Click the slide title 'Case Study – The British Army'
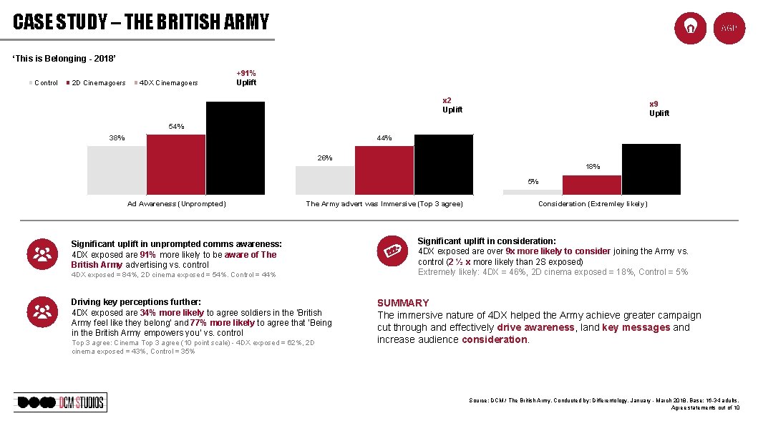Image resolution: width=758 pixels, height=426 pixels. (141, 22)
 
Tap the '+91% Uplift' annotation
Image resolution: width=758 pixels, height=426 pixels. (246, 78)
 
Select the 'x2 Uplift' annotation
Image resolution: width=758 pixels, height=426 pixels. (452, 105)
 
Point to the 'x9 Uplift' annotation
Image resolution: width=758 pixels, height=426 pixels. (659, 109)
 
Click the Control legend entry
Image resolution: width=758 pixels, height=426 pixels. (46, 83)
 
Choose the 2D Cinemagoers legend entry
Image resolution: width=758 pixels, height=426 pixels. (96, 83)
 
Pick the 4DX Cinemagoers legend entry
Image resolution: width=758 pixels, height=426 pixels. (168, 83)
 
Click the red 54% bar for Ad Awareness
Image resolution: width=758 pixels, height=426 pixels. (176, 164)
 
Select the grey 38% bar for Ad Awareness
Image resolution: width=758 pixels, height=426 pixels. (117, 170)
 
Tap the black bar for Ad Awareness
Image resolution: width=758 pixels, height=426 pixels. (235, 148)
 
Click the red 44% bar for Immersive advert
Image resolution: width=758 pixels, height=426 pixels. (384, 170)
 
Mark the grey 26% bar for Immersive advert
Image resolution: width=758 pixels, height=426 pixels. (325, 180)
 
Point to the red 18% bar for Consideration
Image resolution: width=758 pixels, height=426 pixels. (592, 185)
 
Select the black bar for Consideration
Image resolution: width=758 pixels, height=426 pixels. (651, 169)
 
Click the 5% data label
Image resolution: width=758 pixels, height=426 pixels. (533, 182)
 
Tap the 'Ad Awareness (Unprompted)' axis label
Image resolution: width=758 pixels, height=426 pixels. (176, 204)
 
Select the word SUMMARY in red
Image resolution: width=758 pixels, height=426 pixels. (403, 303)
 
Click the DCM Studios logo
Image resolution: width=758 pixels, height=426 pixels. (60, 402)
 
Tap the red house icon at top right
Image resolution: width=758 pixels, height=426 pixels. (691, 28)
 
